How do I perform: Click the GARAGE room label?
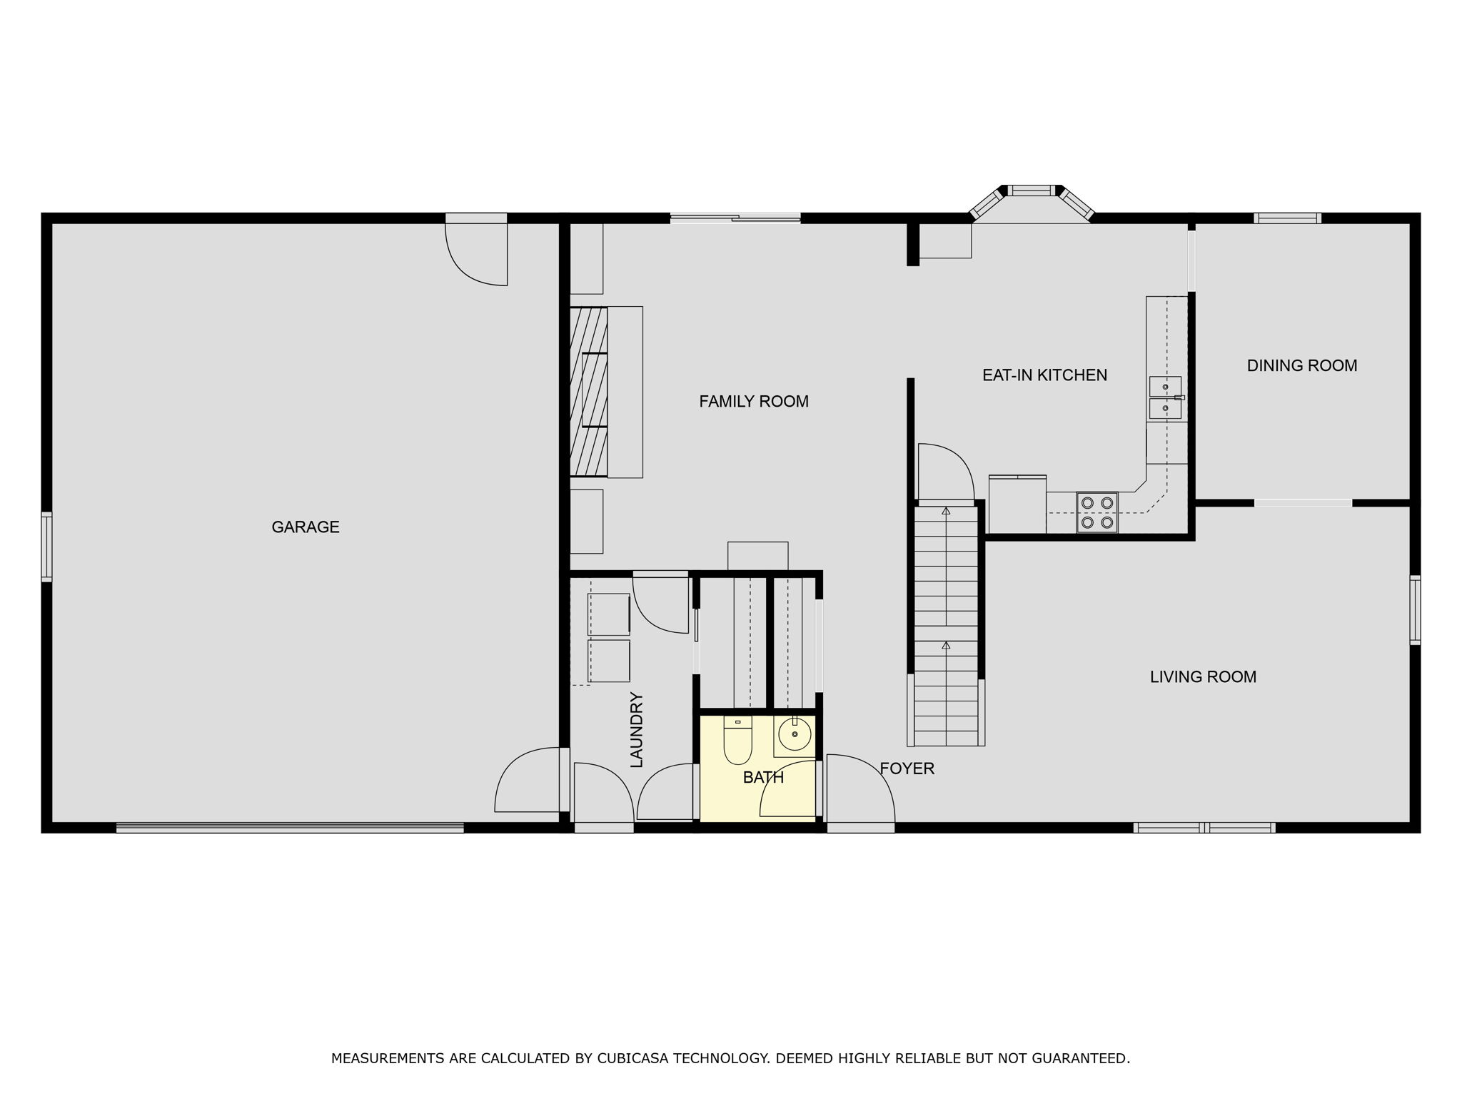click(x=306, y=527)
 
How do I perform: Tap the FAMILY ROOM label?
click(x=753, y=402)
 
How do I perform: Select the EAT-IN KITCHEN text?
click(x=1044, y=375)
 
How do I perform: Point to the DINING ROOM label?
click(x=1301, y=366)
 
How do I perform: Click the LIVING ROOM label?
click(x=1203, y=677)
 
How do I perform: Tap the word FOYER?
click(x=907, y=768)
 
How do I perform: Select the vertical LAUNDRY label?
click(x=637, y=729)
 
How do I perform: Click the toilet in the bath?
click(x=737, y=740)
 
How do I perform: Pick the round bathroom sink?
click(x=794, y=734)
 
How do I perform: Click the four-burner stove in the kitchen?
click(x=1097, y=512)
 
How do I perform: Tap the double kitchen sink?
click(x=1164, y=397)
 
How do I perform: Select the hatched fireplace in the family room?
click(x=589, y=392)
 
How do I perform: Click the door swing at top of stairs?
click(x=945, y=472)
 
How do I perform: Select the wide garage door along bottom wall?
click(x=290, y=828)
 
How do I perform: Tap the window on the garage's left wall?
click(x=46, y=547)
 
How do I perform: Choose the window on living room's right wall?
click(x=1414, y=610)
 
